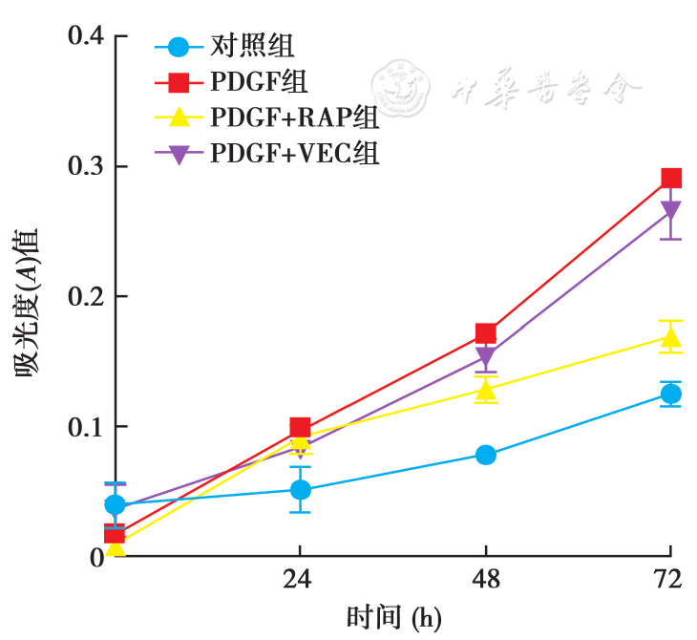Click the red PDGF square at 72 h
[x=671, y=178]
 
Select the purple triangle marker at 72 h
[x=671, y=211]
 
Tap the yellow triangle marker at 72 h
[x=671, y=338]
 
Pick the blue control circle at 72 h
[x=671, y=394]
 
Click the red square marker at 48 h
[x=486, y=333]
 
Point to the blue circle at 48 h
[x=486, y=455]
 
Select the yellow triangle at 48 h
[x=486, y=390]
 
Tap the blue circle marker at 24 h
[x=301, y=490]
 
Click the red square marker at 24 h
[x=300, y=427]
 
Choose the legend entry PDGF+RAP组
[x=295, y=117]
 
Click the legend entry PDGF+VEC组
[x=295, y=153]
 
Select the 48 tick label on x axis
[x=486, y=580]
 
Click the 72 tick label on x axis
[x=670, y=580]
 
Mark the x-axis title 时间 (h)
[x=393, y=617]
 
